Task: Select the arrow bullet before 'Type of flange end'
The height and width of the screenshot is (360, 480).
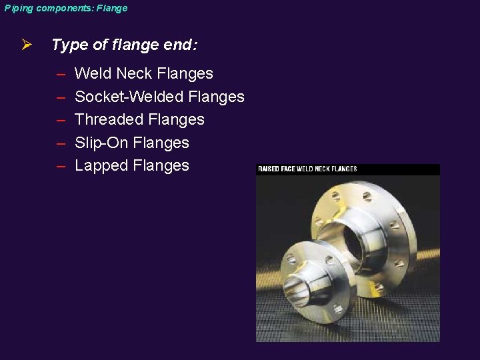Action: point(26,45)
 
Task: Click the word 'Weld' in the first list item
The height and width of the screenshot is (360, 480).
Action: point(93,73)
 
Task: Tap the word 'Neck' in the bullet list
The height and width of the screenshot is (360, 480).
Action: point(134,73)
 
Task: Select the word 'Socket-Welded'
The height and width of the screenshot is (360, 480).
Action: point(129,97)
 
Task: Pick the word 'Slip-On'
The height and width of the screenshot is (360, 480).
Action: point(102,143)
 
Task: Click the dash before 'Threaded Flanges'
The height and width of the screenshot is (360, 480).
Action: point(61,120)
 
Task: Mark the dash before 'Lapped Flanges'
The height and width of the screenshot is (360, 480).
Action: point(61,166)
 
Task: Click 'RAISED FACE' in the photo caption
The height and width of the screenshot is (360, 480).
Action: point(276,169)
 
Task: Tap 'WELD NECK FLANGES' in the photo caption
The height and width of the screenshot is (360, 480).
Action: point(327,169)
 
